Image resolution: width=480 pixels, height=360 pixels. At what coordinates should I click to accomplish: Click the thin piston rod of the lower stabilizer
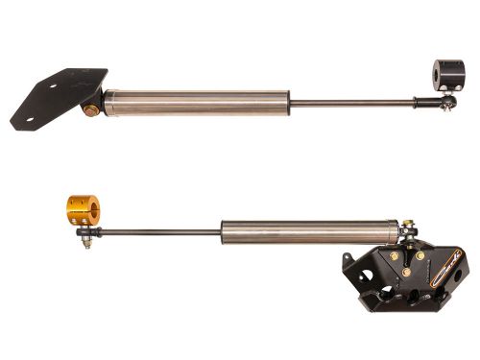pos(154,231)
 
